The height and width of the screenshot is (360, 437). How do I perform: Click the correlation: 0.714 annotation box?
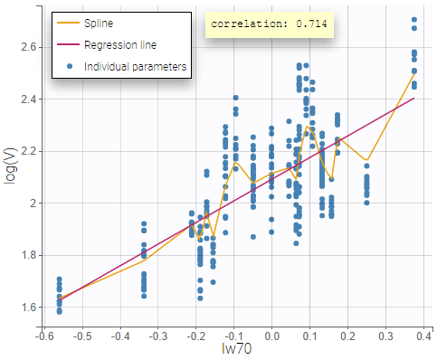[270, 24]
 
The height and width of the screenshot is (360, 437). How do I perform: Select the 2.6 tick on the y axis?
[28, 46]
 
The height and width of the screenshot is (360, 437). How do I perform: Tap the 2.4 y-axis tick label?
[28, 99]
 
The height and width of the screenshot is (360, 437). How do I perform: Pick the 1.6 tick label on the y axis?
[28, 308]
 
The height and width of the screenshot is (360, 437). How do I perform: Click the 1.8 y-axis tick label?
[28, 255]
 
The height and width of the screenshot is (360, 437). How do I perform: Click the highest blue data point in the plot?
[414, 19]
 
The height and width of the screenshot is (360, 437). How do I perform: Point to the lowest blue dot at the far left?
[59, 311]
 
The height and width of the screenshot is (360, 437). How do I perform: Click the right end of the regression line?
[414, 98]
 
